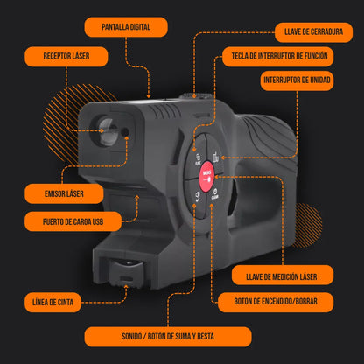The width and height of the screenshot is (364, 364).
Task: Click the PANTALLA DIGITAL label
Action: coord(126,27)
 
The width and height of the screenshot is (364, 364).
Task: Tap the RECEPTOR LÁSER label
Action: coord(66,56)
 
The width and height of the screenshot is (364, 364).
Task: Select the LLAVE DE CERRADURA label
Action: coord(313,31)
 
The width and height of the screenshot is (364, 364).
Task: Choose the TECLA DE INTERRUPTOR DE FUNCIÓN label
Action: coord(279,56)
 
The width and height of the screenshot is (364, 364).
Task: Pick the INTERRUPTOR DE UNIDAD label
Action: coord(297,80)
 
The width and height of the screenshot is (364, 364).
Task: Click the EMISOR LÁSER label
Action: coord(64,193)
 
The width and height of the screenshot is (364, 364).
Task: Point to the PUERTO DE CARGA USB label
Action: coord(73,221)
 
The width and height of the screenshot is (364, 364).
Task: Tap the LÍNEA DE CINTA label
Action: coord(52,302)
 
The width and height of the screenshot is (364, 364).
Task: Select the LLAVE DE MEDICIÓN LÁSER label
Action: coord(283,276)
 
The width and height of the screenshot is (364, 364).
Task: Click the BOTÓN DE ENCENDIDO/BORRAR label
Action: coord(276,302)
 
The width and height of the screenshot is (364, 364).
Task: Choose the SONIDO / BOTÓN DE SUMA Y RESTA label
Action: coord(168,337)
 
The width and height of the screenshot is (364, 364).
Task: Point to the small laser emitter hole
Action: coord(125,132)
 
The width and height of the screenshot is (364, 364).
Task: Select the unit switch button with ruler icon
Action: coord(215,155)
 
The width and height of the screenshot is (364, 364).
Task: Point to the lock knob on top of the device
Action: coord(196,96)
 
